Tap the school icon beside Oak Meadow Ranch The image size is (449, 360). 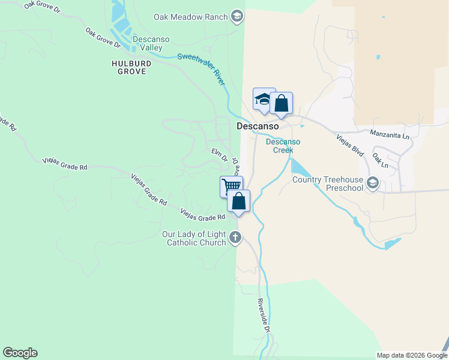pyautogui.click(x=237, y=17)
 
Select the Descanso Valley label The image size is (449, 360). pyautogui.click(x=151, y=43)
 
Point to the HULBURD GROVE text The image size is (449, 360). pyautogui.click(x=128, y=67)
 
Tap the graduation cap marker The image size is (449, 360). pyautogui.click(x=264, y=100)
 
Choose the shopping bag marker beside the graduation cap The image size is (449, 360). pyautogui.click(x=281, y=104)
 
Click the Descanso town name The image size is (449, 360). pyautogui.click(x=258, y=127)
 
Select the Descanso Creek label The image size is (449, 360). pyautogui.click(x=283, y=146)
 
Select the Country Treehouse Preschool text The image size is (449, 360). pyautogui.click(x=328, y=184)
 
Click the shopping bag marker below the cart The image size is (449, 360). pyautogui.click(x=239, y=202)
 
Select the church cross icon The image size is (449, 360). pyautogui.click(x=235, y=238)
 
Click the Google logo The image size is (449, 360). pyautogui.click(x=20, y=353)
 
